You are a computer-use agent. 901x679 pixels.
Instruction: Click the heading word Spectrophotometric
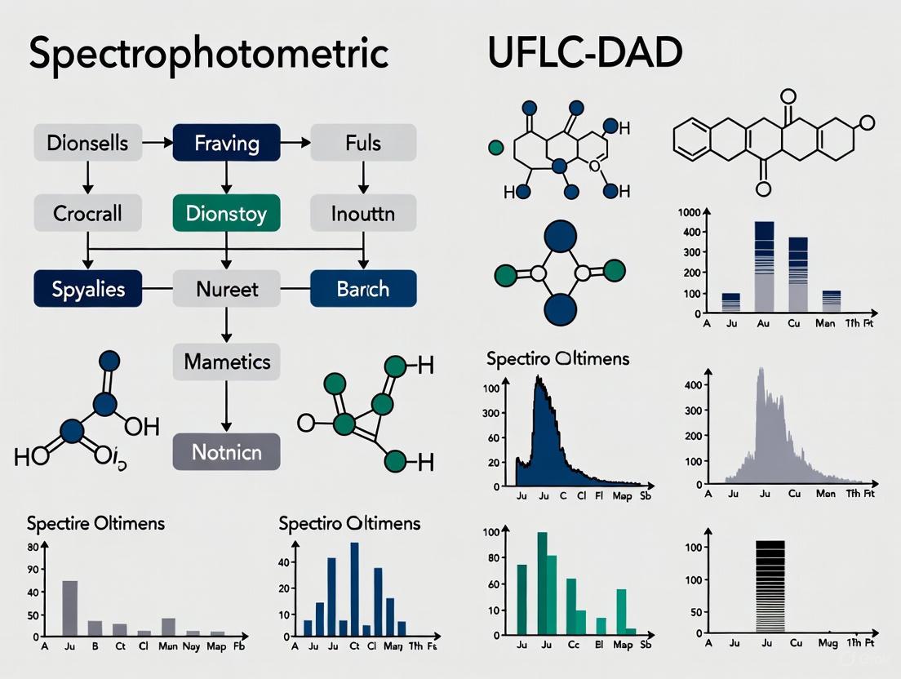208,53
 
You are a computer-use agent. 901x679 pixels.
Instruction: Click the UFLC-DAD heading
584,53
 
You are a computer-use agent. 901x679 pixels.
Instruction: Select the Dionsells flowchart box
87,144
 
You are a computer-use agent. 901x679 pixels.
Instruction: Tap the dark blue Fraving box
227,144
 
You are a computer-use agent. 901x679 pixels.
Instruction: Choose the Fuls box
363,144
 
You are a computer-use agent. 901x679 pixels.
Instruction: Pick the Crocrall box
87,214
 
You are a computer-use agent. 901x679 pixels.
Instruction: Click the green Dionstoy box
227,214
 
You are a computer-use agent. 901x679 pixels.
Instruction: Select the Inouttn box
363,214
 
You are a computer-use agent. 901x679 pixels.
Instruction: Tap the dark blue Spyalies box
87,289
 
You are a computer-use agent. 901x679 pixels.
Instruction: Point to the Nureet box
227,289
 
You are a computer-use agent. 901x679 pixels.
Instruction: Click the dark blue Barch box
363,289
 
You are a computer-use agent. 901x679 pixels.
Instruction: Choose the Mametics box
227,361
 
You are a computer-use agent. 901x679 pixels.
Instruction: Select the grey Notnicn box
227,451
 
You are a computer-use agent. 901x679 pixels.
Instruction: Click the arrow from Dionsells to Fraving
157,144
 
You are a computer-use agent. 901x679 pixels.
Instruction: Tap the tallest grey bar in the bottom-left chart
70,608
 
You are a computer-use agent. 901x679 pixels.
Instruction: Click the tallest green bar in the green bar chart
542,584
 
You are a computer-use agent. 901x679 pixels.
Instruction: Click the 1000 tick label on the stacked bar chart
690,212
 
